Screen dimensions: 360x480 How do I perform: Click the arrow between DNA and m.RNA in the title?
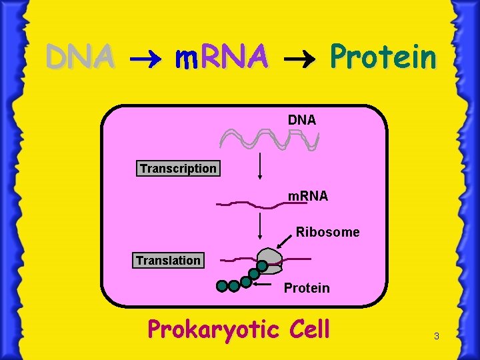143,59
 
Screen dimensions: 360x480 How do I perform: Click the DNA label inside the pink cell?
302,120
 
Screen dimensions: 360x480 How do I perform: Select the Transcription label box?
178,169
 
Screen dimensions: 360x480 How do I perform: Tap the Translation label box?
168,260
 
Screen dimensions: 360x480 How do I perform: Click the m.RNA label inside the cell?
307,197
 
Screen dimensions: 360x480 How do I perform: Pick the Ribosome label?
327,232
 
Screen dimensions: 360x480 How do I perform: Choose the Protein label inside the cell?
307,288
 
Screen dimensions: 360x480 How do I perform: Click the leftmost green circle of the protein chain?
222,287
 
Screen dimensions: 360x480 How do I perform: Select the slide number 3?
436,337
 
